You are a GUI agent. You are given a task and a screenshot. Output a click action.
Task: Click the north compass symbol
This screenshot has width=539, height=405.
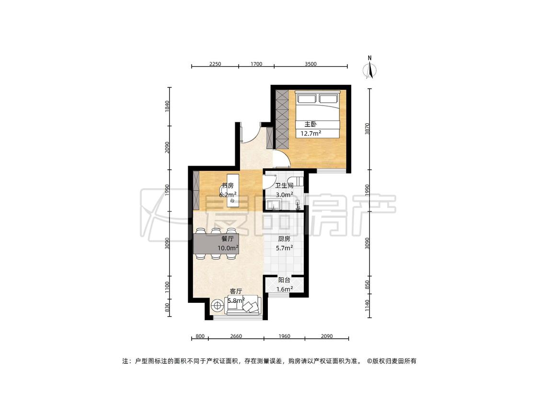tap(369, 68)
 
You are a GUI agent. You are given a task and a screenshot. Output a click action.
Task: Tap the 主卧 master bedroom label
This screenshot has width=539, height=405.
tap(310, 124)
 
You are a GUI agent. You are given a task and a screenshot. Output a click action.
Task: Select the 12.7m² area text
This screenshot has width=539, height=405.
tap(311, 133)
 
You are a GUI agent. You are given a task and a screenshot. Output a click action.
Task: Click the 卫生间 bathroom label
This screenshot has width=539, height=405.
tap(284, 186)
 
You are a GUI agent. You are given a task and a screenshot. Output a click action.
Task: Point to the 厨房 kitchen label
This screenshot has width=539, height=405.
tap(284, 238)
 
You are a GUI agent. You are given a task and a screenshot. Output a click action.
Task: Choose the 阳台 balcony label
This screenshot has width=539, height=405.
tap(284, 280)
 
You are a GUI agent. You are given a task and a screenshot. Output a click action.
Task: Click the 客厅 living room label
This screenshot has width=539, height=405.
tap(236, 291)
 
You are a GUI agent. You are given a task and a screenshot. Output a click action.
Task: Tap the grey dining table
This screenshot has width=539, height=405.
tap(216, 243)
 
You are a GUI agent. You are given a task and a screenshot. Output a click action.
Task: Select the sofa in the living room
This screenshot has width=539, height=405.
tap(243, 305)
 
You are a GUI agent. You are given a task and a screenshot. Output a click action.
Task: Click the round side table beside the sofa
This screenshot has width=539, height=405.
tap(217, 305)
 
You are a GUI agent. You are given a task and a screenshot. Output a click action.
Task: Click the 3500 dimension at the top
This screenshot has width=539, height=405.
tap(310, 64)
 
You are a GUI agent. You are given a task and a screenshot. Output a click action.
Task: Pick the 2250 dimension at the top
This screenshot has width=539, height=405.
tap(215, 64)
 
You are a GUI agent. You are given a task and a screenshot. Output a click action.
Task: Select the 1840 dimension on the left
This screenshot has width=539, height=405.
tap(167, 107)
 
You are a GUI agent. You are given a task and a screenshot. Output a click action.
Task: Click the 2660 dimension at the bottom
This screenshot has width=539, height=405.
tap(236, 336)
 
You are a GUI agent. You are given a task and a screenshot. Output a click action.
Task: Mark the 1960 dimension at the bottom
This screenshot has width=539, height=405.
tap(284, 336)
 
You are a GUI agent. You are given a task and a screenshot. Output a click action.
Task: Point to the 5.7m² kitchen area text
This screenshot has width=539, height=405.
tap(284, 248)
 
